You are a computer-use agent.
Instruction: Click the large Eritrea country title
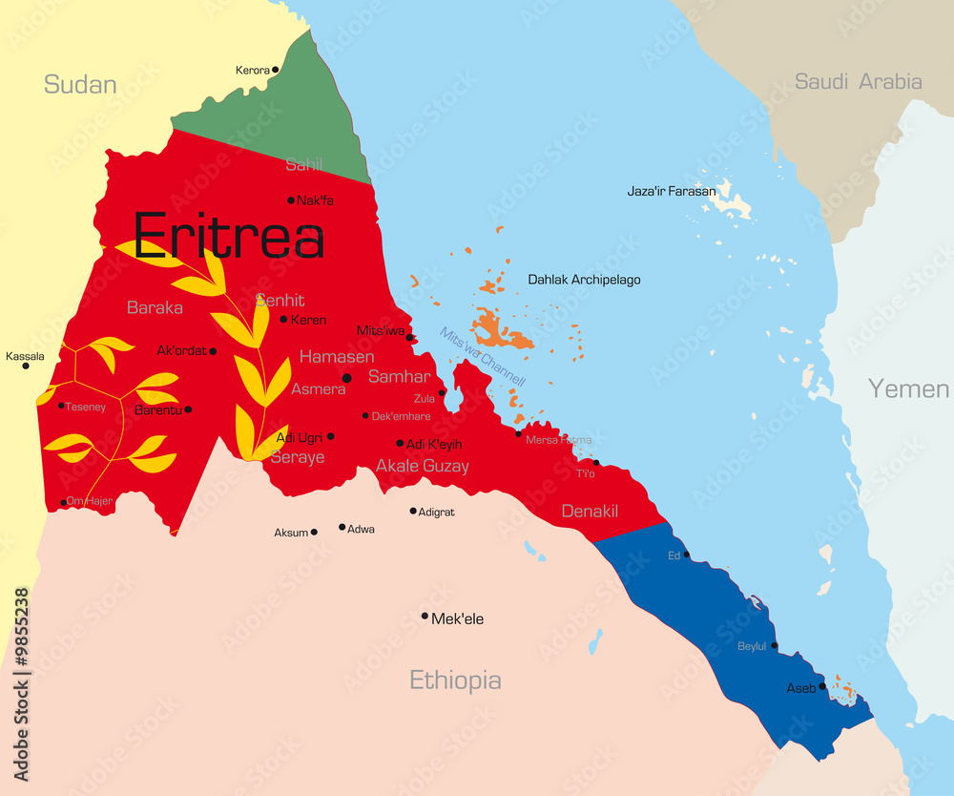tap(228, 236)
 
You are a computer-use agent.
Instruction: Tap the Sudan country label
tap(80, 84)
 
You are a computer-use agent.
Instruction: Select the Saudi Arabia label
tap(858, 81)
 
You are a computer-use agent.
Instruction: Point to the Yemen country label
tap(908, 388)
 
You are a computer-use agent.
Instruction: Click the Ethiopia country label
tap(455, 680)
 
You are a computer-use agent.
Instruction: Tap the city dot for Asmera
tap(347, 378)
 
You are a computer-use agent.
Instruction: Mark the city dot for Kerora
tap(275, 70)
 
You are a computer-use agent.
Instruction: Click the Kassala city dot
tap(26, 366)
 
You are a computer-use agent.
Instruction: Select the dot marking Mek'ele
tap(425, 616)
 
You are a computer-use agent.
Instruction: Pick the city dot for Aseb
tap(822, 685)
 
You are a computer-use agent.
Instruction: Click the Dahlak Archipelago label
tap(584, 280)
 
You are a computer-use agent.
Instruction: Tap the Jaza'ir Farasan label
tap(671, 191)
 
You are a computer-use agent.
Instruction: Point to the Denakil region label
tap(589, 512)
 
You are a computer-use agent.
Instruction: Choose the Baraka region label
tap(155, 307)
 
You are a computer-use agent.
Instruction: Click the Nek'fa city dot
tap(291, 200)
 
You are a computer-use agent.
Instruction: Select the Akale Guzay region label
tap(422, 466)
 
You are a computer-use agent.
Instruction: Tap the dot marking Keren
tap(283, 319)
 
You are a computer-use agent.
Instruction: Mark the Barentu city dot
tap(188, 409)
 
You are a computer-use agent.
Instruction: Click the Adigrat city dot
tap(413, 511)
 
